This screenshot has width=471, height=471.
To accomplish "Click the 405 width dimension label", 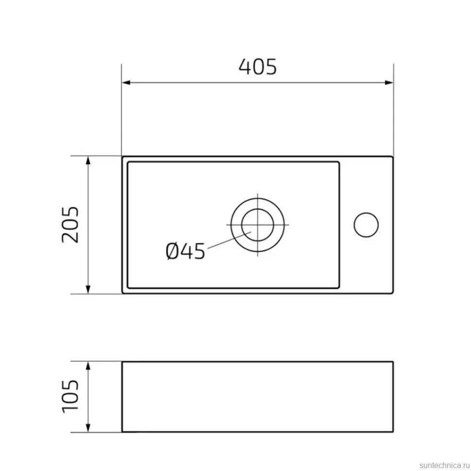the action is tap(258, 67).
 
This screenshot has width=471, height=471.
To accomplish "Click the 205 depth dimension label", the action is tap(70, 224).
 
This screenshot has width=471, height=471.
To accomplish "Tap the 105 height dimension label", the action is tap(70, 397).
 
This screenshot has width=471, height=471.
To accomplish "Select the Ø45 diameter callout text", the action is tap(185, 251).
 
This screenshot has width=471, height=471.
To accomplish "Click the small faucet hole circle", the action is tap(366, 225).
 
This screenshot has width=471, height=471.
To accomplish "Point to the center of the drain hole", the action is tap(258, 225).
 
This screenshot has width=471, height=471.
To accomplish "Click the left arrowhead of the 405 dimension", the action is tap(126, 83).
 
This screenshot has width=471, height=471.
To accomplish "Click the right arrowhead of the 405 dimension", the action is tap(389, 83).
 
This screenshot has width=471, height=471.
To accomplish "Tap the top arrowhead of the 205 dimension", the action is tap(88, 160).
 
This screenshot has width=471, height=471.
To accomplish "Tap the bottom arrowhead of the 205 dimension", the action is tap(88, 289).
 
